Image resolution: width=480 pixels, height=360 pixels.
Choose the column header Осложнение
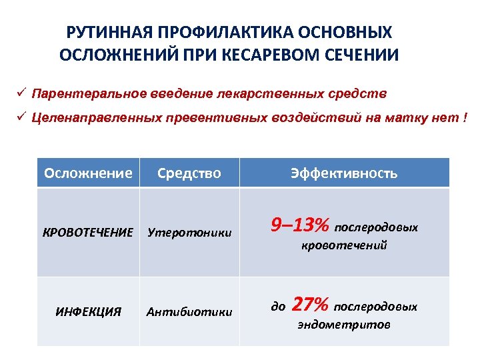coord(88,173)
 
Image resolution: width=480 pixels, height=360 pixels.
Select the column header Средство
coord(189,173)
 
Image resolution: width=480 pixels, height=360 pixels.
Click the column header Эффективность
coord(344,173)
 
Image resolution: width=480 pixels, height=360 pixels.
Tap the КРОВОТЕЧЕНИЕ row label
coord(88,233)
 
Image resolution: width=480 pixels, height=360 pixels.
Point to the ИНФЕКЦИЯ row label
coord(89,311)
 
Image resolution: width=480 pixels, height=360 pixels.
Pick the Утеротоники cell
coord(189,233)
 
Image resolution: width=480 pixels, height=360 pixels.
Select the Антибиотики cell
coord(189,311)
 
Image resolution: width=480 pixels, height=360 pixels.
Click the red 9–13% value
coord(299,226)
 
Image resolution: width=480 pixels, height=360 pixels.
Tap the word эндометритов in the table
coord(344,325)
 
